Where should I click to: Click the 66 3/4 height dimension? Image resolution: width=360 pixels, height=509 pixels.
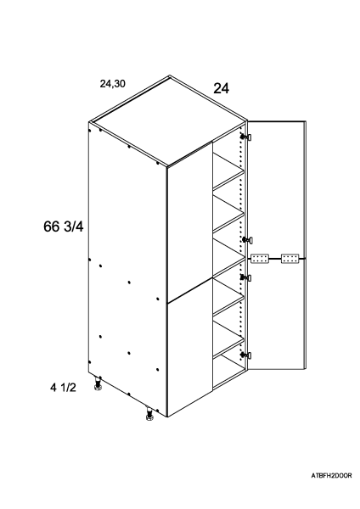click(x=64, y=227)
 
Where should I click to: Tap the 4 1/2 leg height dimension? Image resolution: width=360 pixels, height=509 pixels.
click(x=63, y=387)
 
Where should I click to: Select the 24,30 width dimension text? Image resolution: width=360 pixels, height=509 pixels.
click(x=112, y=84)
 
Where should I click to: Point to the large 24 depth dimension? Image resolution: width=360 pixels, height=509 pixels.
click(x=221, y=88)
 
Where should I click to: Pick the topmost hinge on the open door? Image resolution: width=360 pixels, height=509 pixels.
click(x=246, y=137)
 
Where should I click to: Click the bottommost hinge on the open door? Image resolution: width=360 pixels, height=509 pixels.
click(x=246, y=355)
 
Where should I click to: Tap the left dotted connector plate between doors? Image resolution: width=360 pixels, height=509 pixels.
click(x=260, y=259)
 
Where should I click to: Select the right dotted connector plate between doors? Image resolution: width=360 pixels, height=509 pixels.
click(x=290, y=259)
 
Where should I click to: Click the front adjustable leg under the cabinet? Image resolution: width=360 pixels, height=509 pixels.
click(x=149, y=414)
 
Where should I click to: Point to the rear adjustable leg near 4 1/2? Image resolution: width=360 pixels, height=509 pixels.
click(x=98, y=383)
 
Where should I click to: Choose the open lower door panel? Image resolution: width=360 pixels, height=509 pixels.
click(x=276, y=314)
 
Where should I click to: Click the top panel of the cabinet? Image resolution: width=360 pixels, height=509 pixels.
click(x=167, y=121)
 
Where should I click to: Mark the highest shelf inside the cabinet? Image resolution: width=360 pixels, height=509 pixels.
click(x=228, y=171)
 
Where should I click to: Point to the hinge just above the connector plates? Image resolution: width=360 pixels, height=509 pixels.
click(x=247, y=240)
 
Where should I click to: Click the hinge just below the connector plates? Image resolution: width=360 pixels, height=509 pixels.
click(x=246, y=277)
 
